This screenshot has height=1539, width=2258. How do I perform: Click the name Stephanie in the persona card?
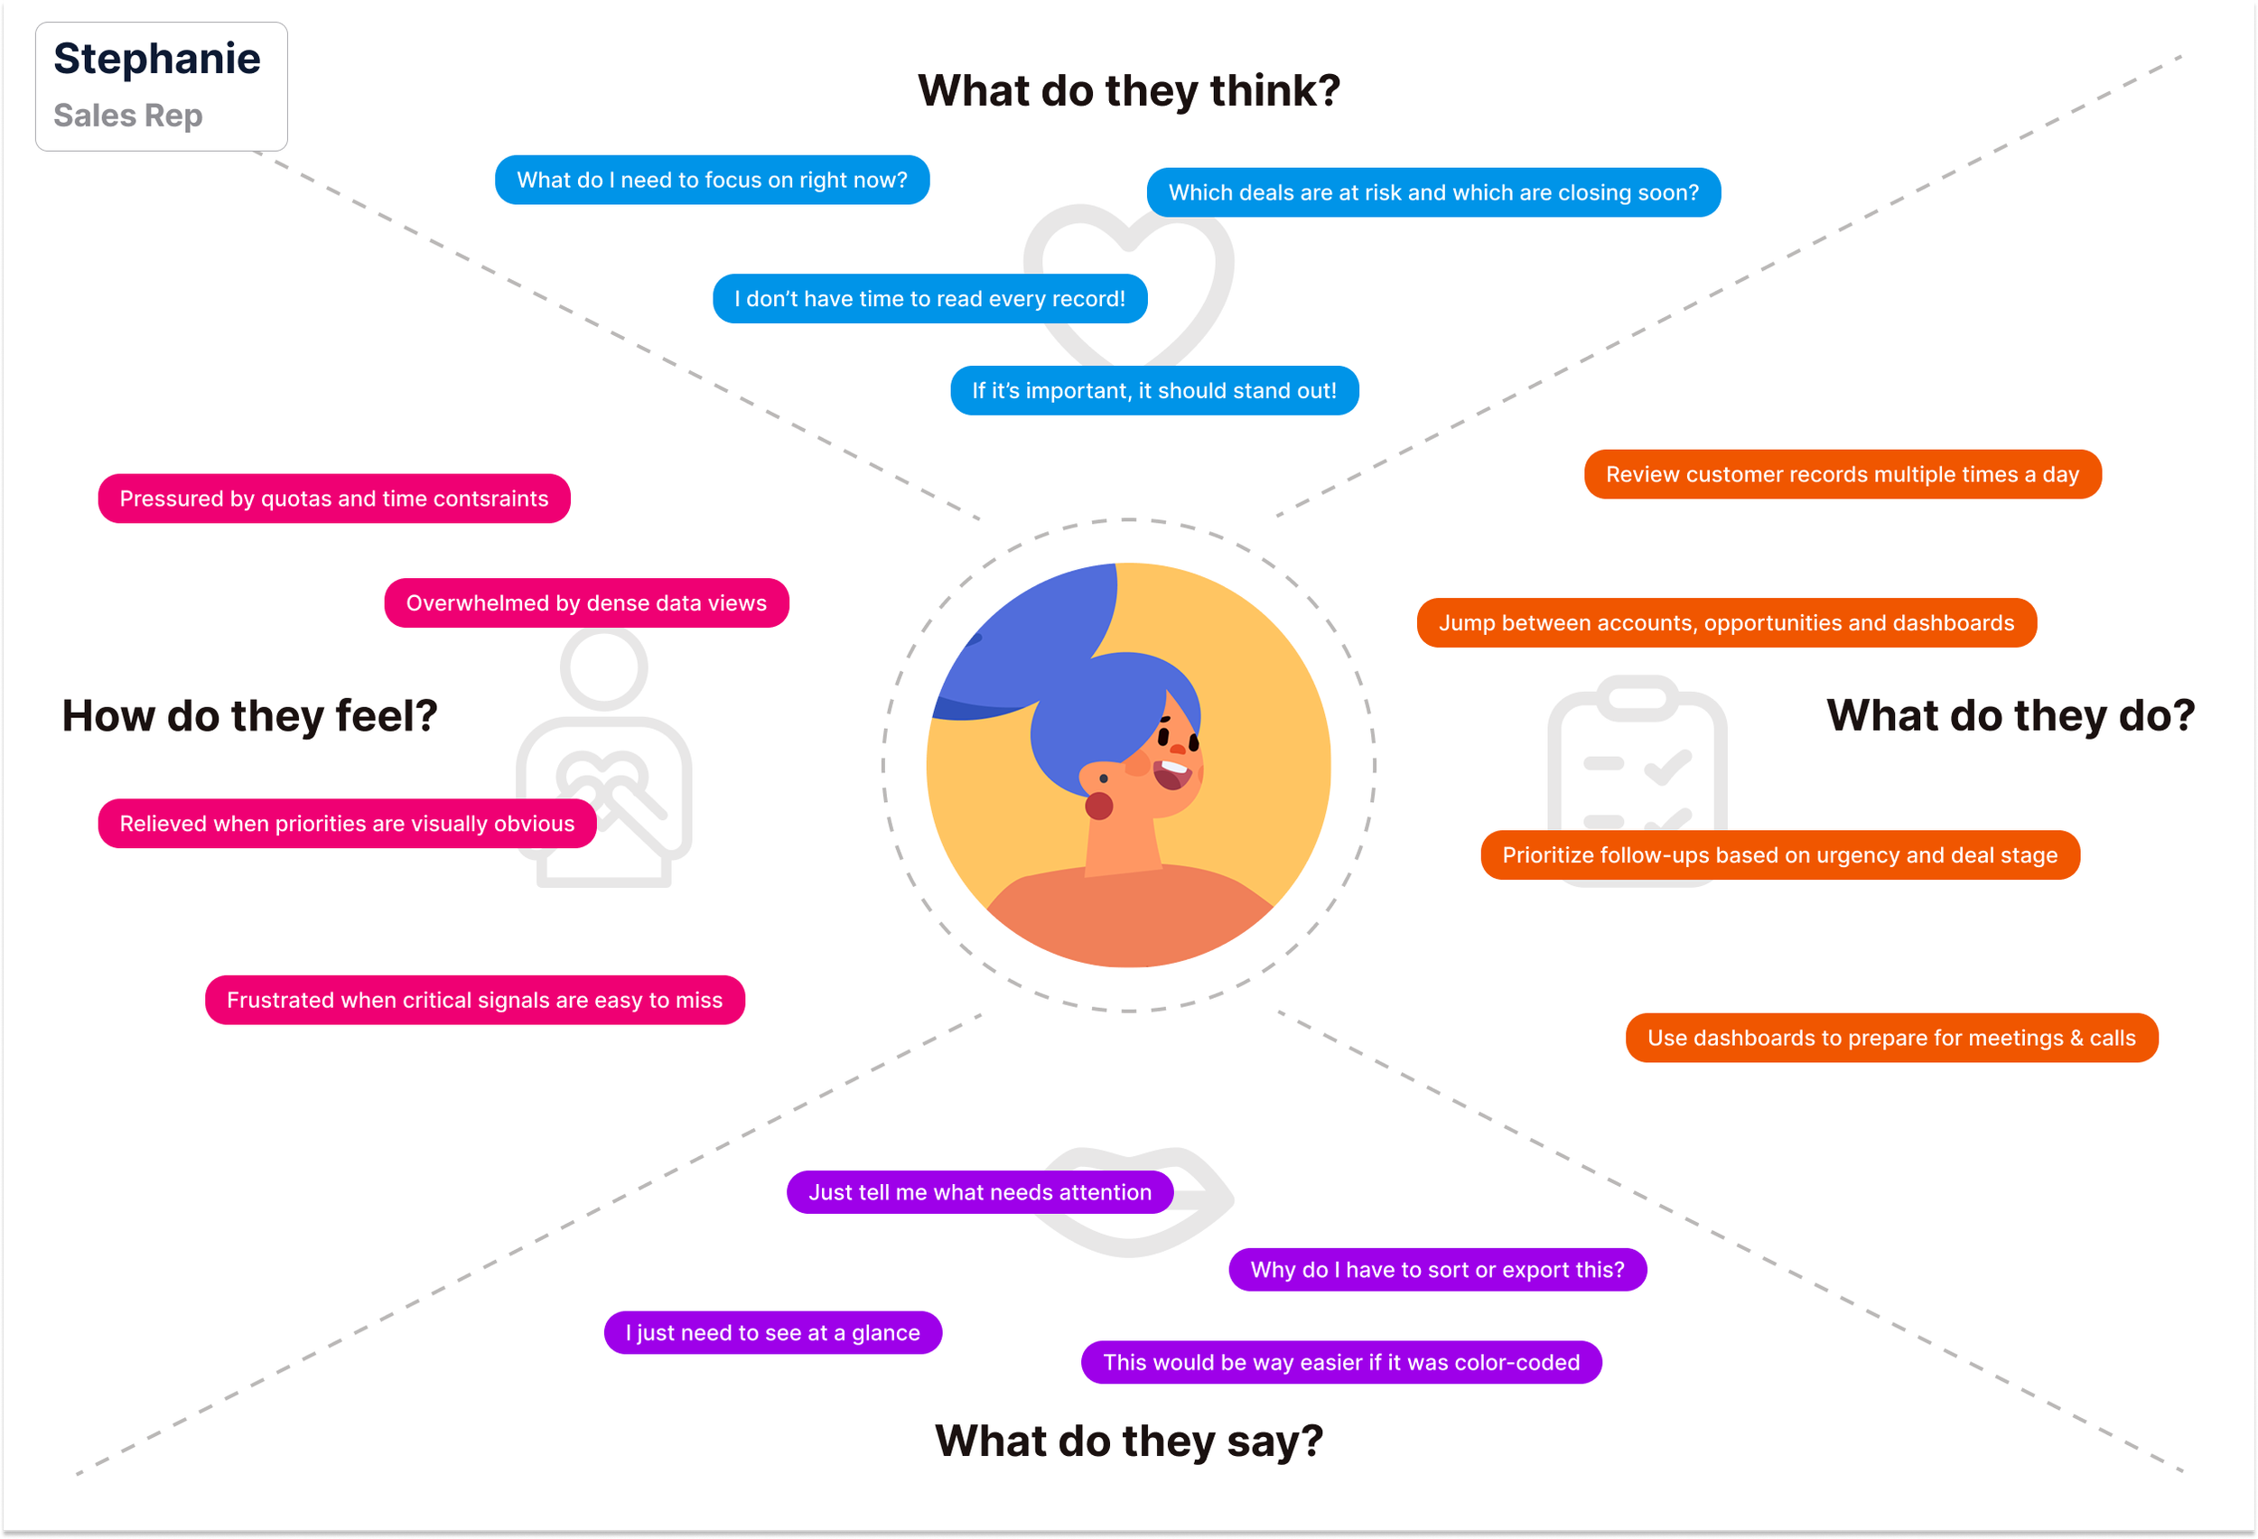[156, 60]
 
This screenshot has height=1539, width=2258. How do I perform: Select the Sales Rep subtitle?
[127, 116]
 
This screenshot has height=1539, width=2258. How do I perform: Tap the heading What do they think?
[1128, 90]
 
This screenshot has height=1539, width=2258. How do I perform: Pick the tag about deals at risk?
[1432, 192]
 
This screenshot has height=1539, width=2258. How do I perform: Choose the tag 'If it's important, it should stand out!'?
[1153, 390]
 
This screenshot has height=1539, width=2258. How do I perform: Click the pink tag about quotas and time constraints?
[333, 499]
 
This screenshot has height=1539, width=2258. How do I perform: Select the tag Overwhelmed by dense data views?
[586, 603]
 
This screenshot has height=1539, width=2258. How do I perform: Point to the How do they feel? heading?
[248, 716]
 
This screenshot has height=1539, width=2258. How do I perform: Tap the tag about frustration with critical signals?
[474, 1000]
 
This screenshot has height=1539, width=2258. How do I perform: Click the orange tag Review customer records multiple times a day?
[1842, 474]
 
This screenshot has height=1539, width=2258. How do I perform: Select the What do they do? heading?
[2010, 716]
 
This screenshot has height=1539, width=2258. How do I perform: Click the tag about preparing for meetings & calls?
[1890, 1038]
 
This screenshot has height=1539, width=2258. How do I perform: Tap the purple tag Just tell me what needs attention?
[979, 1192]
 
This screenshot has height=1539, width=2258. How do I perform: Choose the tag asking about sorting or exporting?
[1436, 1270]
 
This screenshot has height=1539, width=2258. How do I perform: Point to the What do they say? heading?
[1128, 1441]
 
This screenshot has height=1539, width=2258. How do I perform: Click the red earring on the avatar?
[1098, 806]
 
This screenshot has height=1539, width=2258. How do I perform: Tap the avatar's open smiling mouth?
[1171, 772]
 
